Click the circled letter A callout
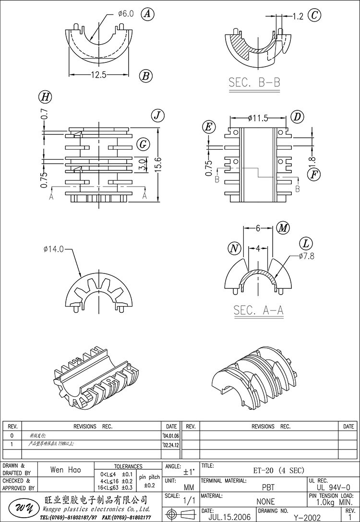(147, 14)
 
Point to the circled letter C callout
(314, 15)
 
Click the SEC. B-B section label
(254, 83)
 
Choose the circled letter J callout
(157, 116)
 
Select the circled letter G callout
(143, 144)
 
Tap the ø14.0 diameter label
(53, 249)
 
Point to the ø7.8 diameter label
(306, 256)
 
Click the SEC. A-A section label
(258, 310)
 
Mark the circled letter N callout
(234, 249)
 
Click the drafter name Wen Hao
(66, 470)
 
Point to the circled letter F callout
(313, 174)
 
